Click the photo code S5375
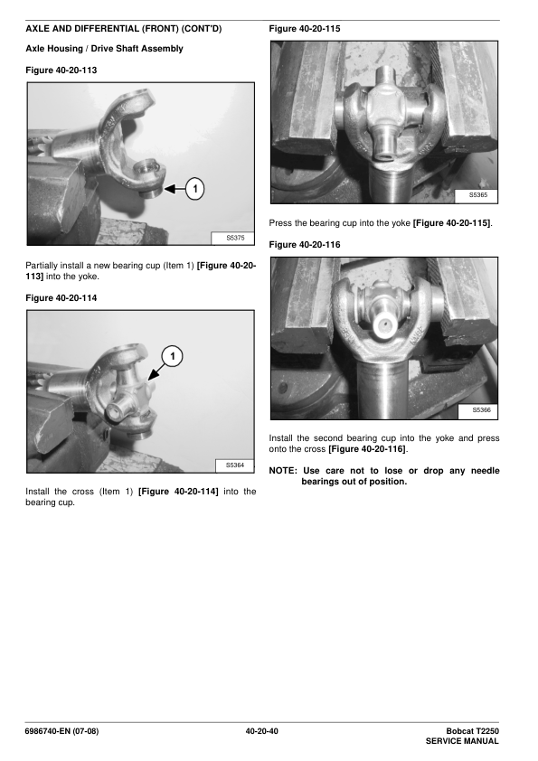235,239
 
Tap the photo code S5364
235,465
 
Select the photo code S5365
477,195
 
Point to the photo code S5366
482,410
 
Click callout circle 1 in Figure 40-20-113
194,188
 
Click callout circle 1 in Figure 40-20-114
173,357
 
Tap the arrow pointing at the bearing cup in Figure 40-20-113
175,188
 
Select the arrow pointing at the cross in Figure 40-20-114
156,372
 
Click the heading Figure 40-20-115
305,29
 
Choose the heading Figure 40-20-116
305,245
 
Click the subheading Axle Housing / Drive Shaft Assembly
104,49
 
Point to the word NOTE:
283,471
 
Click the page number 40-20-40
261,731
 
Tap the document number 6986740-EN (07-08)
62,731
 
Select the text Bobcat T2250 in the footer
473,731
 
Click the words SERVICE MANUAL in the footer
462,741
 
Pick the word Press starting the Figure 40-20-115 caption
280,223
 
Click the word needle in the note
485,471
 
